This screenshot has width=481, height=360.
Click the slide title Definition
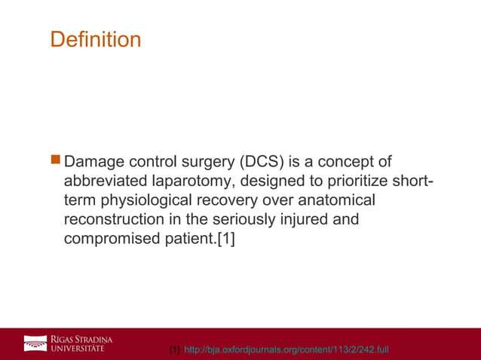(x=95, y=39)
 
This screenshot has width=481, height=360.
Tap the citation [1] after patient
(x=225, y=241)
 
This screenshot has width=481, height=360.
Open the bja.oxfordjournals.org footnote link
(x=286, y=350)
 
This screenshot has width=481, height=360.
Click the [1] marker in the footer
(x=174, y=350)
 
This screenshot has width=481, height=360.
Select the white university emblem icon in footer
(x=35, y=343)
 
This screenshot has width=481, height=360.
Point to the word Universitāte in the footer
(x=82, y=348)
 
